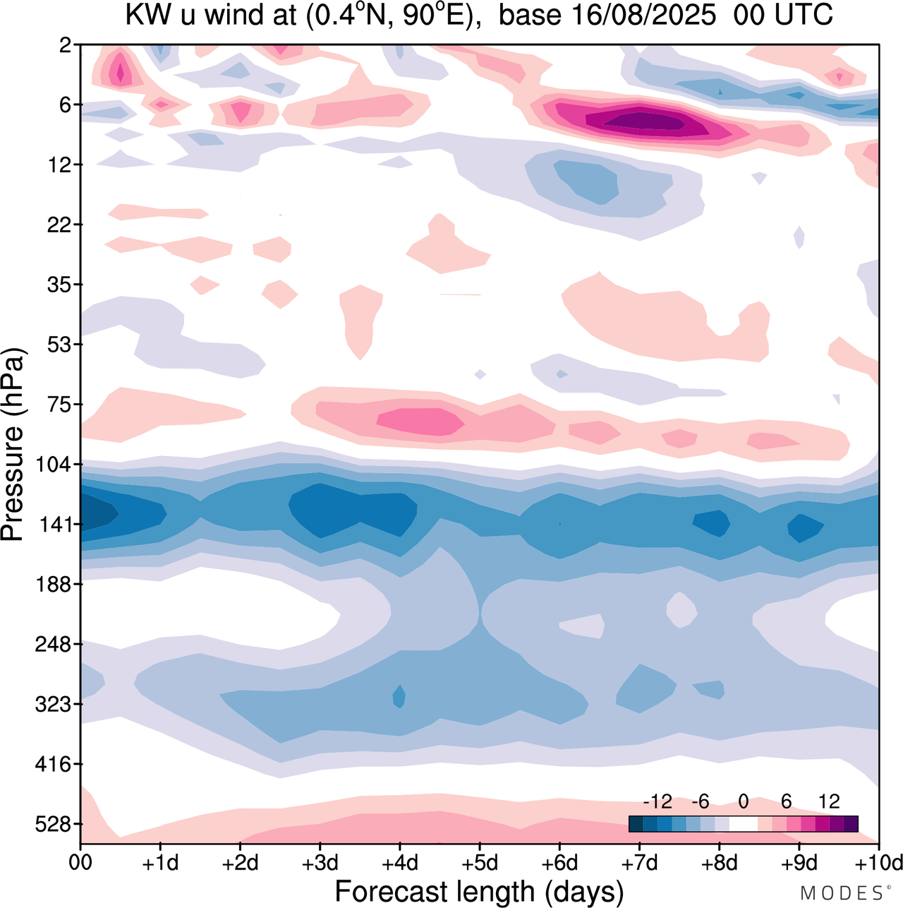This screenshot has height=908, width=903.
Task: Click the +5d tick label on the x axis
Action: pos(480,863)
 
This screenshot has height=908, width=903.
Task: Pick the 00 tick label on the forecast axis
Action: pos(80,863)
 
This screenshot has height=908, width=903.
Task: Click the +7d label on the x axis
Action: pos(639,863)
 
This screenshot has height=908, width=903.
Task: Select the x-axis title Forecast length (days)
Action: pos(479,892)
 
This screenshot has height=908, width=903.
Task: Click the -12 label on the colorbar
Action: pos(657,801)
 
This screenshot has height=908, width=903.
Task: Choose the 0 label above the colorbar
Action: pos(744,801)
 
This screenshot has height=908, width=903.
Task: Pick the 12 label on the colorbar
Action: pos(830,801)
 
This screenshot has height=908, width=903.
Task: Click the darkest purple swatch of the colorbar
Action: pos(851,824)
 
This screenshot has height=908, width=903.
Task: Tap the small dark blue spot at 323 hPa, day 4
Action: pos(399,696)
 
